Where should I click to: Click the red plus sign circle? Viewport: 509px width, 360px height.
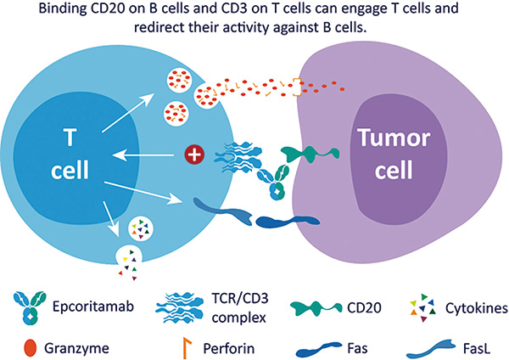click(194, 155)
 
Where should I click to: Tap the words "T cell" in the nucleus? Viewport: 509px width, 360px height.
click(70, 154)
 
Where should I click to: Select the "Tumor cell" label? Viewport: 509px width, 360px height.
click(394, 154)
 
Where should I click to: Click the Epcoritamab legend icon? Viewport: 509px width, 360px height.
click(30, 307)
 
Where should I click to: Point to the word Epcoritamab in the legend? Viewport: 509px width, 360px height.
click(93, 307)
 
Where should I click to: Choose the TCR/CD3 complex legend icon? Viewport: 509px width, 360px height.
click(180, 307)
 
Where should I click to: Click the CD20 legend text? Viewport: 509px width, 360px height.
click(364, 307)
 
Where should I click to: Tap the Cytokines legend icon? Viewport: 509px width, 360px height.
click(423, 307)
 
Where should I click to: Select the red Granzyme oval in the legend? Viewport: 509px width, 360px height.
click(31, 348)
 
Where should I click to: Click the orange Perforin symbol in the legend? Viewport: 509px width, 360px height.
click(187, 347)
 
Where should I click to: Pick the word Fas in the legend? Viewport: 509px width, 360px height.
click(357, 348)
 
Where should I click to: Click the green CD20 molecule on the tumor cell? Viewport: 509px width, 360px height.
click(310, 154)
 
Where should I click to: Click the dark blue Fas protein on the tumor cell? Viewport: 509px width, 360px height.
click(288, 221)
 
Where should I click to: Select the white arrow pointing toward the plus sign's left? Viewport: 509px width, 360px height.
click(143, 155)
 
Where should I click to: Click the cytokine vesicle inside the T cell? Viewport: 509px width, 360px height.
click(141, 228)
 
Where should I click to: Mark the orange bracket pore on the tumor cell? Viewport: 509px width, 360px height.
click(297, 87)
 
